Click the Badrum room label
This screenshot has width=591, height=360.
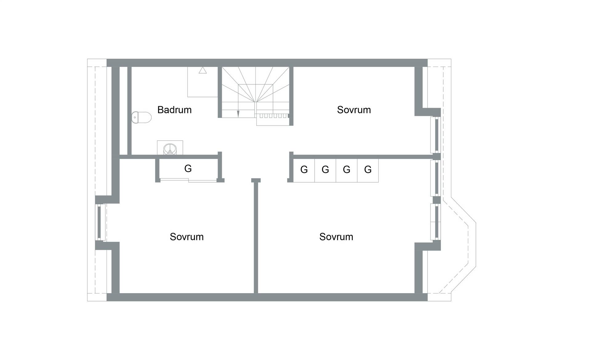point(174,110)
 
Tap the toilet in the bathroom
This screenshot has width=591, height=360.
point(142,117)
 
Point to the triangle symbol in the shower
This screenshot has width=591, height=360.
point(203,70)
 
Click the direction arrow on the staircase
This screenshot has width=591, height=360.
point(238,114)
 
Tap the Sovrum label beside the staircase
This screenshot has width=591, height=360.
point(354,110)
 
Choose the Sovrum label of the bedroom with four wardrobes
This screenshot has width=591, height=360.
point(336,237)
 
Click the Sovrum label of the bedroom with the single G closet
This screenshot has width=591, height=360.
point(187,237)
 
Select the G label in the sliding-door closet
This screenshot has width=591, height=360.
point(188,168)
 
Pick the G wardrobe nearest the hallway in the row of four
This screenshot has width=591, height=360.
point(304,169)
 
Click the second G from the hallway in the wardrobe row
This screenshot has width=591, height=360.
point(325,169)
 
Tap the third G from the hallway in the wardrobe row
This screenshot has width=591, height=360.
point(346,169)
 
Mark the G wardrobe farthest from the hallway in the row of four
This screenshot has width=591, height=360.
point(368,169)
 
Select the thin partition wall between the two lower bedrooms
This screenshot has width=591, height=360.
point(256,237)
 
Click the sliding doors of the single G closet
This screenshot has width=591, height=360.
point(189,180)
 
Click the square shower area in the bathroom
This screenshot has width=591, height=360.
point(203,82)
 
